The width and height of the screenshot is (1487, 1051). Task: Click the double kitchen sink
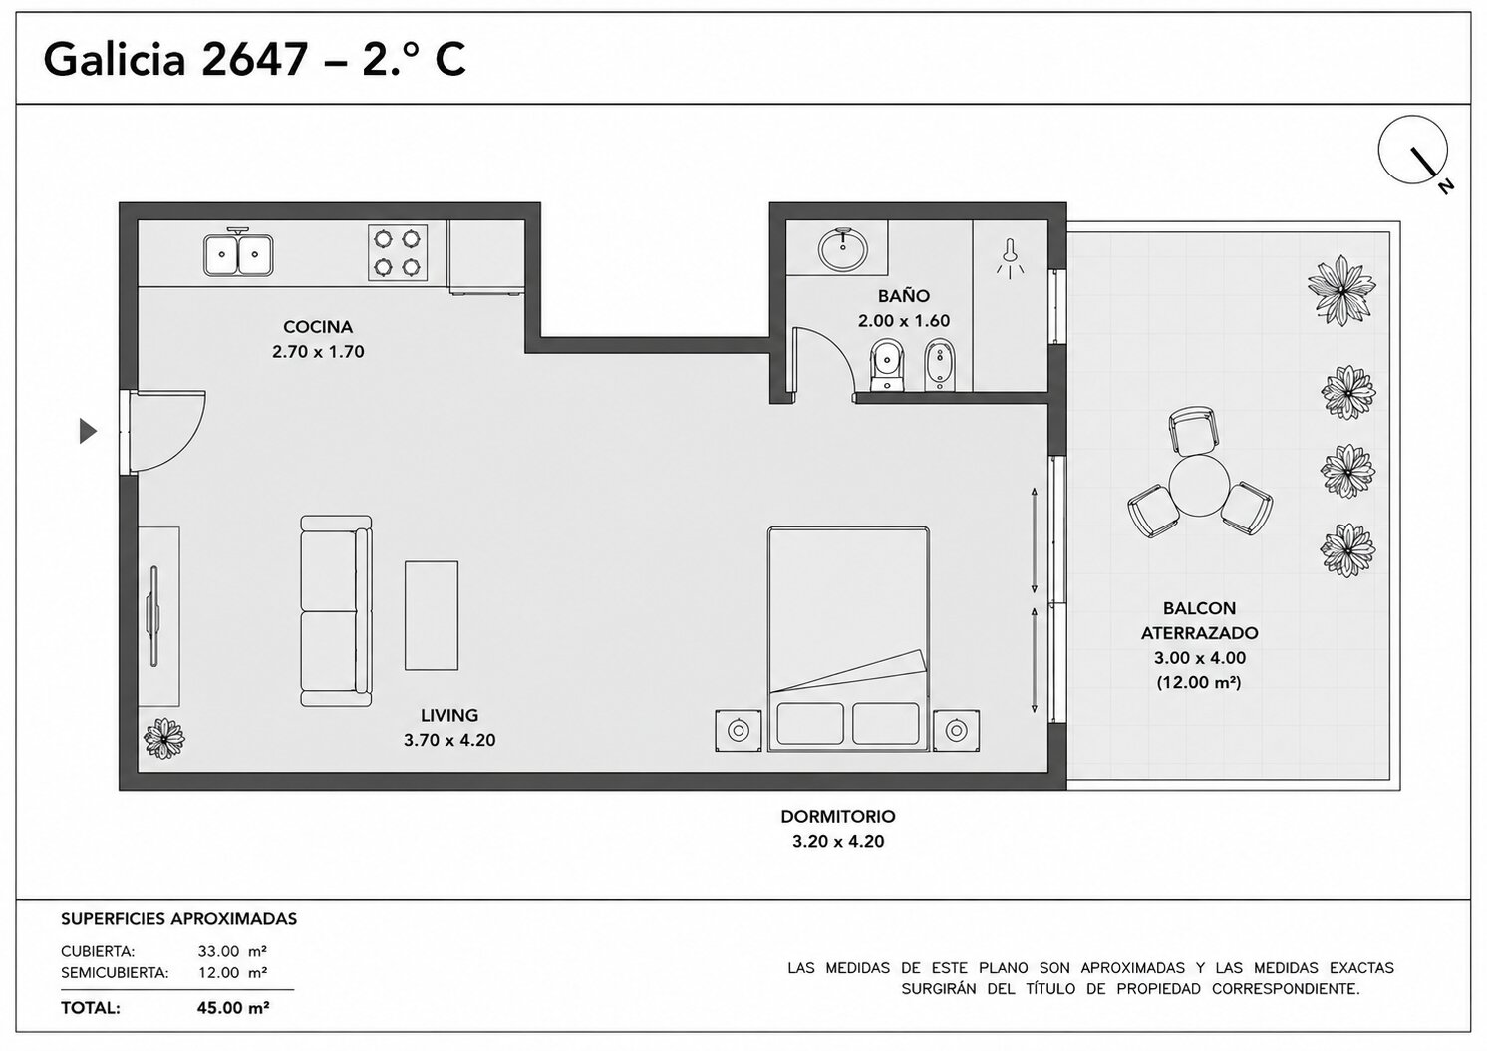237,253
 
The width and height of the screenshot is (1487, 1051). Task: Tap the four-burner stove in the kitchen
398,252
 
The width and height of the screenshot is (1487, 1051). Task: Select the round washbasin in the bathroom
843,250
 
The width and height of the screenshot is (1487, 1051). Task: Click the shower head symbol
1010,258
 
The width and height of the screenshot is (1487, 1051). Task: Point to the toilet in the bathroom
886,365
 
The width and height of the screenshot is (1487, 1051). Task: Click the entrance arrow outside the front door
88,431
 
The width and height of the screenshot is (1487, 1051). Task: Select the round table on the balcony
1199,485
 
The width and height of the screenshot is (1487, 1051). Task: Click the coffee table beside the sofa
432,615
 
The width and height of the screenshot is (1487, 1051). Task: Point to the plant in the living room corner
164,738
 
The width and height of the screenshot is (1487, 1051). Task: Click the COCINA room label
318,327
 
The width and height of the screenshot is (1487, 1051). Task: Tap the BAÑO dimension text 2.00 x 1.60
904,321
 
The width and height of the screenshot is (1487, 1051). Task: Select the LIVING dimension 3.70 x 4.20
449,740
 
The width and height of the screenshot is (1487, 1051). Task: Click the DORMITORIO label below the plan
838,816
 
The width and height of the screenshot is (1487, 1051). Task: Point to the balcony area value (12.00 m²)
1199,682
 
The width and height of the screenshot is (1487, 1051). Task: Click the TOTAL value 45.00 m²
233,1008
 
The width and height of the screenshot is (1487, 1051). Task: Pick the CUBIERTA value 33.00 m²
232,951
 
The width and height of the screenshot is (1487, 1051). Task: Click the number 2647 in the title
253,60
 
